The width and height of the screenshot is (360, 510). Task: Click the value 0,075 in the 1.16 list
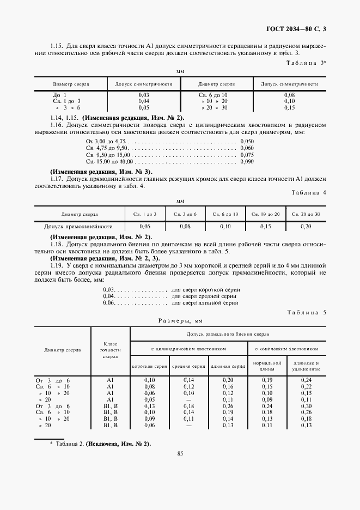pyautogui.click(x=246, y=155)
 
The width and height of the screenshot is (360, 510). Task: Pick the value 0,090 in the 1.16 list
pyautogui.click(x=246, y=161)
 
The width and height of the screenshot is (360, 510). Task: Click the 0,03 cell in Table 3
pyautogui.click(x=144, y=95)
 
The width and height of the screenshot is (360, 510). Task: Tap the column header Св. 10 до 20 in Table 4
pyautogui.click(x=265, y=214)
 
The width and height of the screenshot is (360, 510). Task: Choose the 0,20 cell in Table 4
pyautogui.click(x=306, y=226)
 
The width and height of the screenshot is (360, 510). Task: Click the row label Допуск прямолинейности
pyautogui.click(x=78, y=226)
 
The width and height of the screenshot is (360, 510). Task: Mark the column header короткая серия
pyautogui.click(x=149, y=366)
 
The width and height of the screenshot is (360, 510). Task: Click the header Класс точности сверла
pyautogui.click(x=110, y=350)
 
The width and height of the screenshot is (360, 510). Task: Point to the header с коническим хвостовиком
pyautogui.click(x=286, y=348)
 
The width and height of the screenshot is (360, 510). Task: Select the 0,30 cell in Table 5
pyautogui.click(x=306, y=405)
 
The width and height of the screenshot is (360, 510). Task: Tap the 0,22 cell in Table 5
pyautogui.click(x=306, y=386)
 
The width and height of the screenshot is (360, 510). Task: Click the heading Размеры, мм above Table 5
pyautogui.click(x=180, y=321)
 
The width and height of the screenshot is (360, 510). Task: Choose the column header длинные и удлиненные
pyautogui.click(x=306, y=366)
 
